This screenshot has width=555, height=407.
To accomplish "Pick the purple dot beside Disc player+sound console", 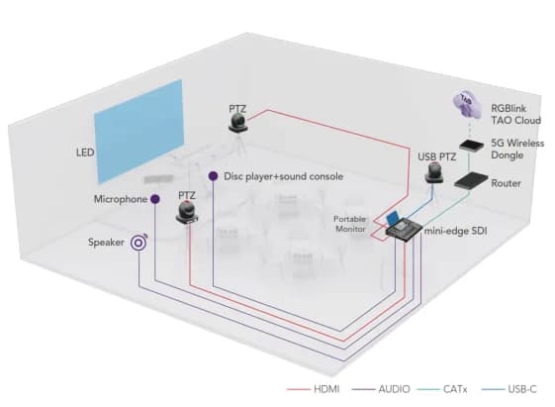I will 212,176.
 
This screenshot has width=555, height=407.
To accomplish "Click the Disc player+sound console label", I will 284,176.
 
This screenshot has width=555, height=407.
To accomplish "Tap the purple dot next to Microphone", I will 155,199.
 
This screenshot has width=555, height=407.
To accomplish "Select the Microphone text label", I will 120,199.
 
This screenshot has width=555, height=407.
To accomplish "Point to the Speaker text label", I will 106,241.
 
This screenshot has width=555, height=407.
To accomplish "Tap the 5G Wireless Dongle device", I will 470,145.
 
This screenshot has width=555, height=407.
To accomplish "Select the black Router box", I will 470,182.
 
